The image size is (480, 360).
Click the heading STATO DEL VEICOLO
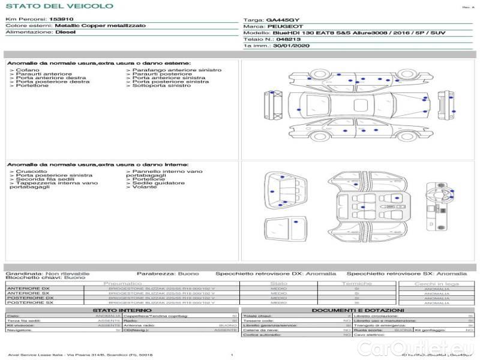click(x=59, y=6)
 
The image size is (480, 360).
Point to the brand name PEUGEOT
click(x=285, y=26)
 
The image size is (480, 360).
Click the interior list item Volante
click(x=145, y=187)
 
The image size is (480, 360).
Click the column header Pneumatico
click(x=123, y=283)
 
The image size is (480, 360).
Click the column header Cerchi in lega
click(x=436, y=283)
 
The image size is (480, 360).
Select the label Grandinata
click(x=23, y=273)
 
